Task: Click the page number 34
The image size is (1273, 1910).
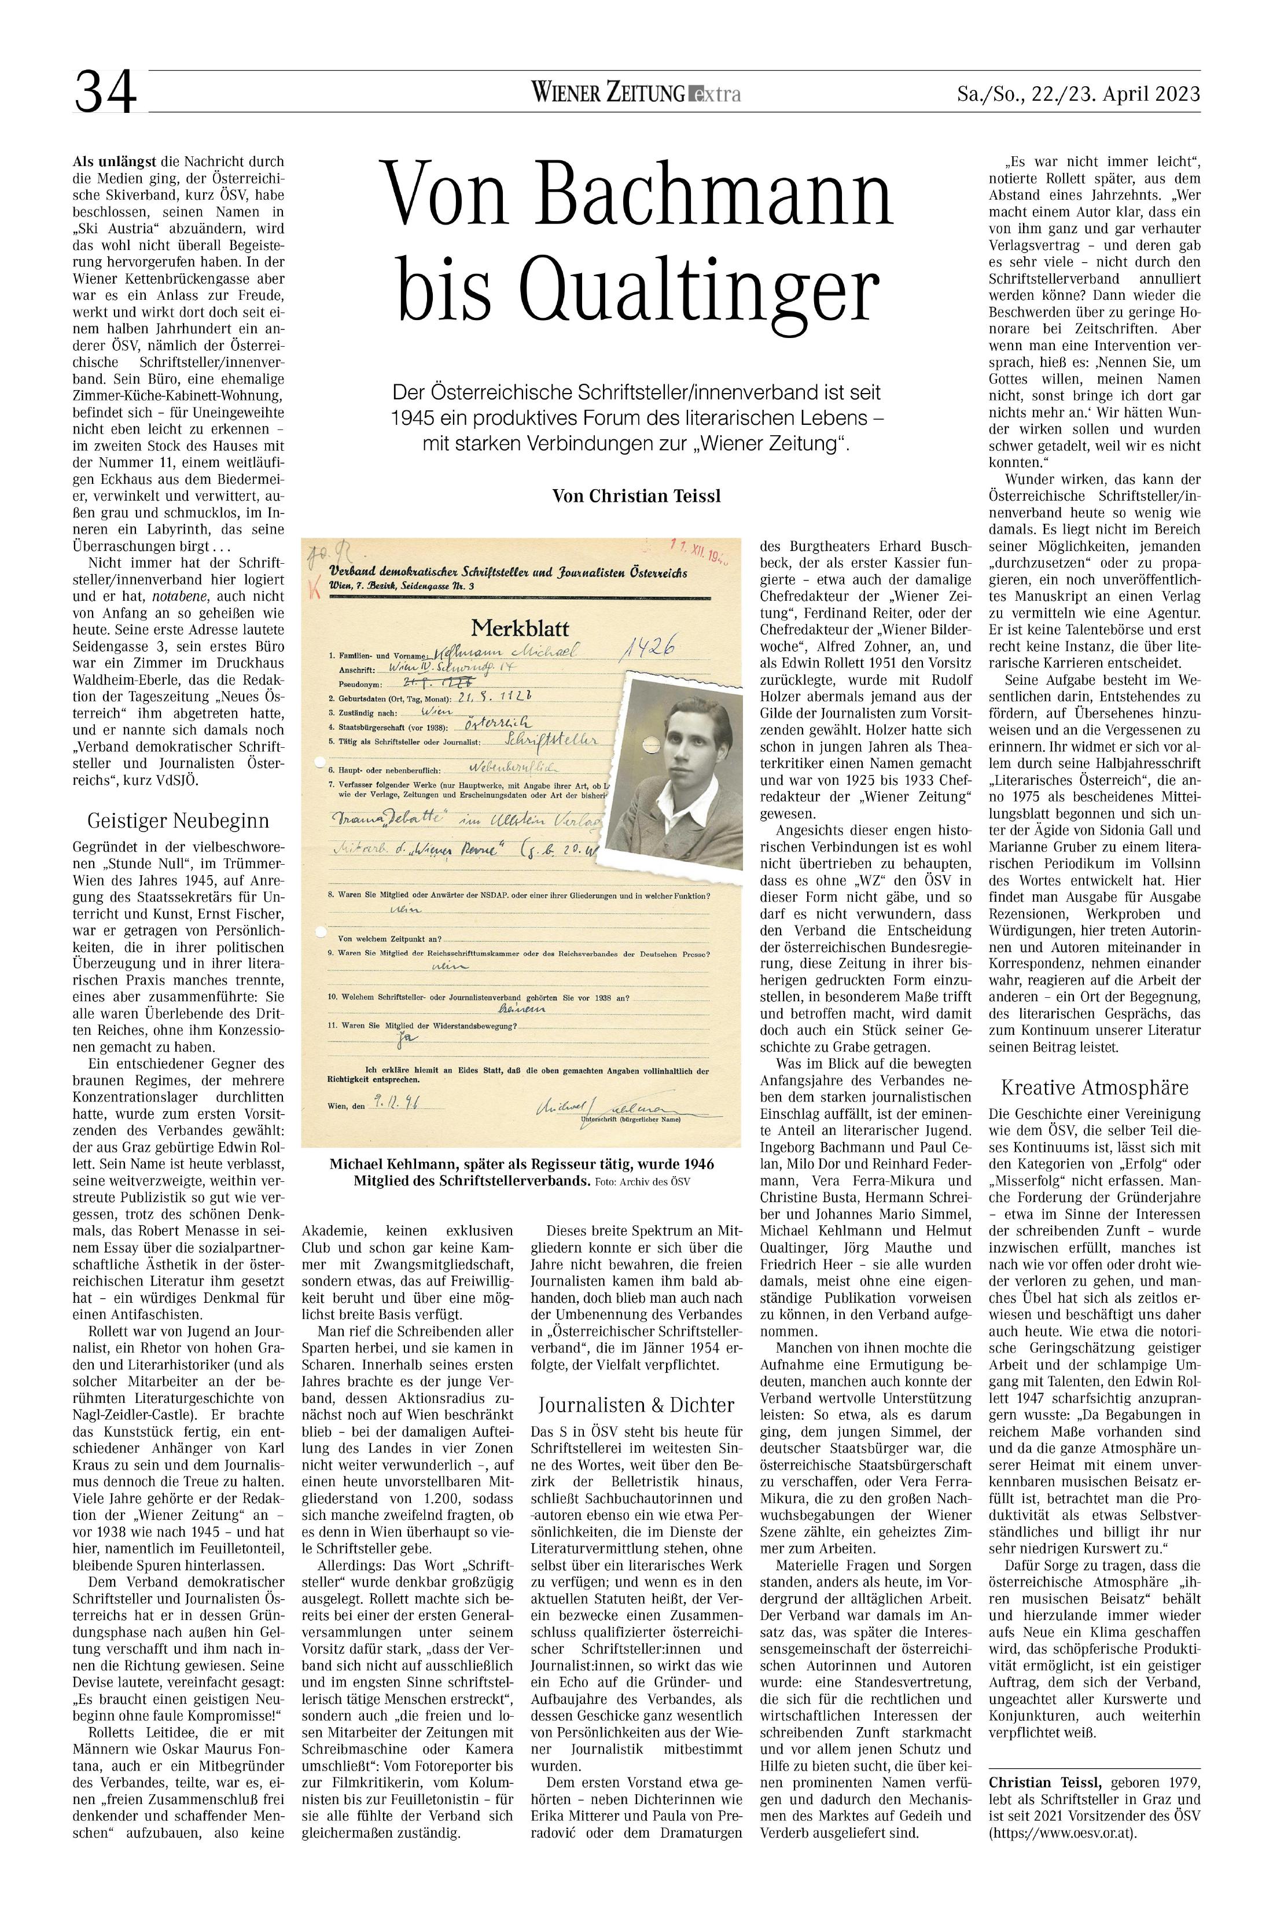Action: click(105, 93)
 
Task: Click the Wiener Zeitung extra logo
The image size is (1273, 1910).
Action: click(636, 94)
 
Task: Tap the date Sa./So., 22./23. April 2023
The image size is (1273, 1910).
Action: click(1078, 94)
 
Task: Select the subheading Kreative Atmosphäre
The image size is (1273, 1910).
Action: click(1094, 1088)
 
